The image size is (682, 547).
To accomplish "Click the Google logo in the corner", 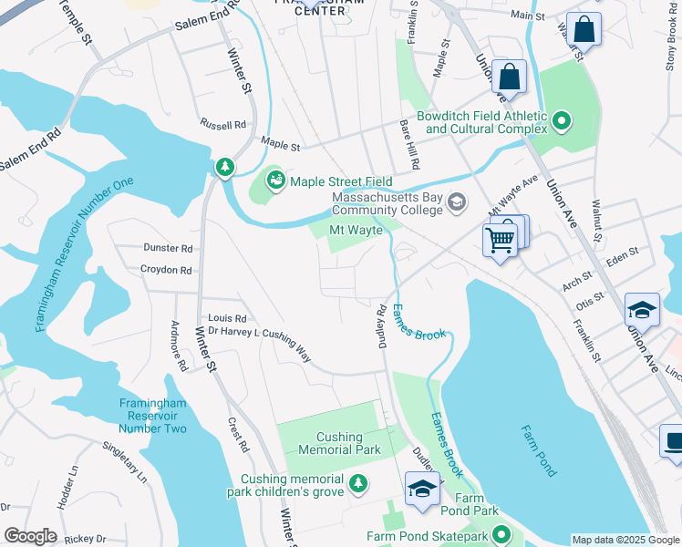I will [30, 536].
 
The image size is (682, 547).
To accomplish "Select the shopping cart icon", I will [499, 241].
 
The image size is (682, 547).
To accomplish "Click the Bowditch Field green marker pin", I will [562, 120].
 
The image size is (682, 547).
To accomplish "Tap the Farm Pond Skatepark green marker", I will [500, 536].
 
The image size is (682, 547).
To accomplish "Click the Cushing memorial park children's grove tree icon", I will [358, 483].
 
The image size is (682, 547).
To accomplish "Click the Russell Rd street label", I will [223, 125].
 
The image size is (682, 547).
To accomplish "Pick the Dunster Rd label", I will [168, 248].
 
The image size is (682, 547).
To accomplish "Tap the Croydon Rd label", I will [166, 270].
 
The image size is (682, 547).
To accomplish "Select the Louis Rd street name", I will [228, 317].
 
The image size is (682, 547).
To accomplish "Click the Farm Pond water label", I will [538, 451].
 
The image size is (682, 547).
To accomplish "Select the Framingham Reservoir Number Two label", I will [152, 416].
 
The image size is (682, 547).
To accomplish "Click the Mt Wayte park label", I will [356, 231].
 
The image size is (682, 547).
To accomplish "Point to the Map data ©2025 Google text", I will [625, 540].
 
